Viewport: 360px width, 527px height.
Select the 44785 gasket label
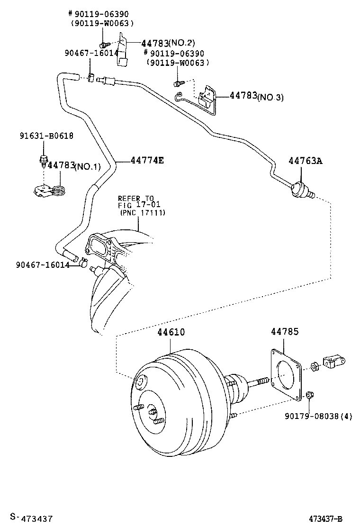(285, 332)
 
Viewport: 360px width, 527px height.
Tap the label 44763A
(305, 161)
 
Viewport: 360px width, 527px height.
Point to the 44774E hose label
(147, 161)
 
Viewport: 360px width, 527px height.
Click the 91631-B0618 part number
(46, 136)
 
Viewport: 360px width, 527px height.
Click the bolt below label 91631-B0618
(43, 160)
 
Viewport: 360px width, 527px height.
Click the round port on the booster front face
(141, 382)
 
